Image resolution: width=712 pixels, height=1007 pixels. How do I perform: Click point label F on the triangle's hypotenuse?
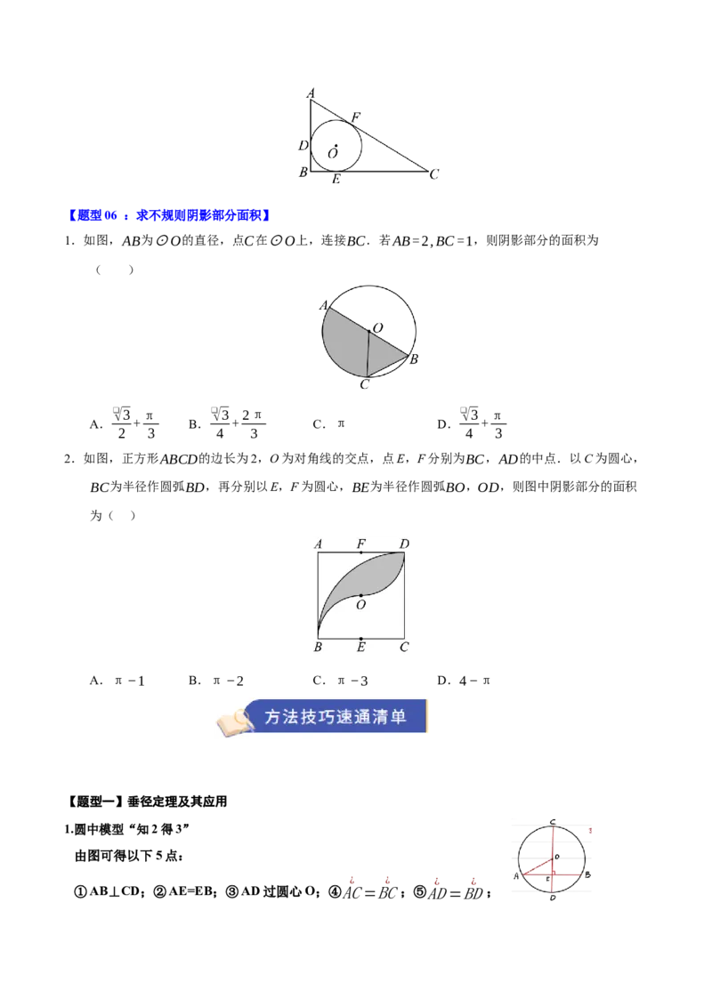click(355, 117)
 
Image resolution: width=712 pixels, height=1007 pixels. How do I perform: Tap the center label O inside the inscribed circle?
click(332, 154)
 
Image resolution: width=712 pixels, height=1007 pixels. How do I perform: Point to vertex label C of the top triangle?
click(434, 174)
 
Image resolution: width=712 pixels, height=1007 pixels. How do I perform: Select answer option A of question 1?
click(124, 423)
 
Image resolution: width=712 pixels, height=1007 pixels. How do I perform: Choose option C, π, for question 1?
click(329, 423)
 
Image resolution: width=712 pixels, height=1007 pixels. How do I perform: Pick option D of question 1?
click(472, 423)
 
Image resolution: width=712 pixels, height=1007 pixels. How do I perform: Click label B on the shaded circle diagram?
click(414, 359)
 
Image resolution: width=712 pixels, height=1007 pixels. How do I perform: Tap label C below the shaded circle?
click(364, 384)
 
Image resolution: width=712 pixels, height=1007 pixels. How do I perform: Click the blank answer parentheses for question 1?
click(115, 270)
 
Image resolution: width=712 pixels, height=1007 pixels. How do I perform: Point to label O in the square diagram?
click(360, 604)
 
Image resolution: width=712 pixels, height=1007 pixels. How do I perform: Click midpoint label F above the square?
click(361, 544)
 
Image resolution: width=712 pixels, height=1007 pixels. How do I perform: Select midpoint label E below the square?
click(361, 647)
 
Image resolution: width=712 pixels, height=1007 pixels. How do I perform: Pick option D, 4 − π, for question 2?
click(464, 681)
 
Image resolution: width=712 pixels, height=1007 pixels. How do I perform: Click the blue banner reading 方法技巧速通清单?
click(336, 716)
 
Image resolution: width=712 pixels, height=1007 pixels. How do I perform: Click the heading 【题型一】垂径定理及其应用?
click(147, 802)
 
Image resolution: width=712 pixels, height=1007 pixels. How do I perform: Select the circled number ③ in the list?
click(232, 892)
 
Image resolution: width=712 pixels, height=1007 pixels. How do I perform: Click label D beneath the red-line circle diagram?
click(553, 898)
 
